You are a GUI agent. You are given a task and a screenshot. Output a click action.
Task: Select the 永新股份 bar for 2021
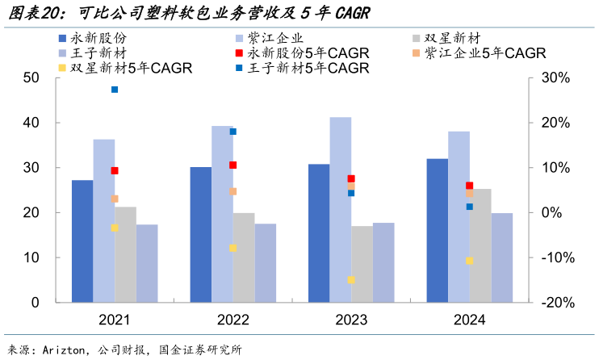coord(82,241)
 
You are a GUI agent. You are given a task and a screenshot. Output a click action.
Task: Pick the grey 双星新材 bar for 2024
coord(458,245)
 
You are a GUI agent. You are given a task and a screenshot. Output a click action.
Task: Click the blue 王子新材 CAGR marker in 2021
coord(115,90)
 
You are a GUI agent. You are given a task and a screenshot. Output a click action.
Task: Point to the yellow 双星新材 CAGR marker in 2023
coord(351,280)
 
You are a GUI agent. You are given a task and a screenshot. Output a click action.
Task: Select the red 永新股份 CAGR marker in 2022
coord(232,165)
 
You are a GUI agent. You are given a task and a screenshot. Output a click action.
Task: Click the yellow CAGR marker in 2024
coord(469,261)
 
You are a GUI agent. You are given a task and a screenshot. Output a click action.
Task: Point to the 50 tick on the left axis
coord(31,78)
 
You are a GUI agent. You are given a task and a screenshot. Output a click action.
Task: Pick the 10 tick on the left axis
coord(31,257)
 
